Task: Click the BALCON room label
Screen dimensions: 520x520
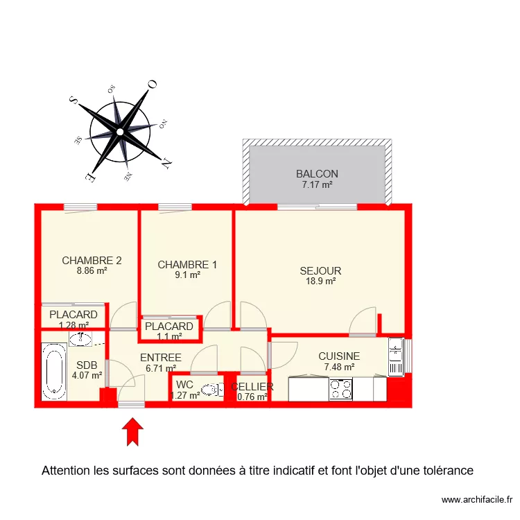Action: (317, 174)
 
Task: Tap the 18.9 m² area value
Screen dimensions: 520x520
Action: (320, 281)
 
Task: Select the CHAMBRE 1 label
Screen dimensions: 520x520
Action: (187, 264)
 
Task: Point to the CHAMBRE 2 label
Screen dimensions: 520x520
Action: (92, 261)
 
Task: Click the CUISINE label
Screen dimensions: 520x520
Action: (339, 356)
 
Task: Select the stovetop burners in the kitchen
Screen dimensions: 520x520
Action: (340, 389)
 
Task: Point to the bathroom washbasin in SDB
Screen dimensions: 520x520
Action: (82, 338)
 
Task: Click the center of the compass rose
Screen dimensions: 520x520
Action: (120, 131)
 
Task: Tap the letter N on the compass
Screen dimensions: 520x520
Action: (166, 164)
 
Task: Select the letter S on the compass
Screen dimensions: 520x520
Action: (73, 100)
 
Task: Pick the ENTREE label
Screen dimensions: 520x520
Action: (160, 358)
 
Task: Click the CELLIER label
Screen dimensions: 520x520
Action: (252, 387)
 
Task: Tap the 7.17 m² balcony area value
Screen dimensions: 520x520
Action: (317, 185)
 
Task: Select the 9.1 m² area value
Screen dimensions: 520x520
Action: (187, 275)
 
